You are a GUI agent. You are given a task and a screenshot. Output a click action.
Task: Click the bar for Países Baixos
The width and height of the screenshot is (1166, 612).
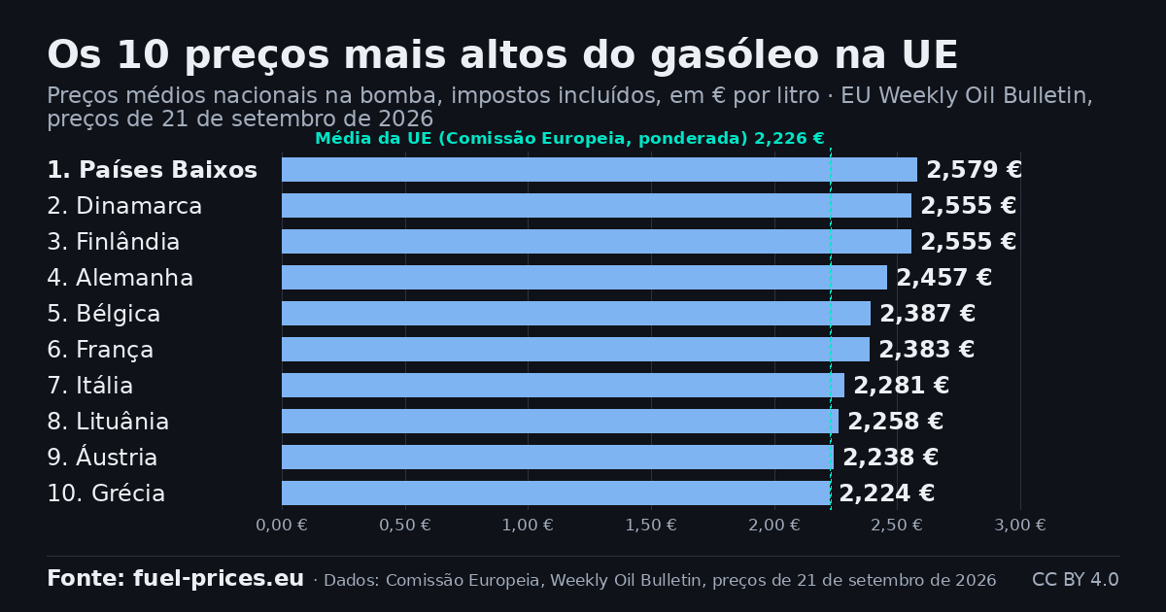[600, 170]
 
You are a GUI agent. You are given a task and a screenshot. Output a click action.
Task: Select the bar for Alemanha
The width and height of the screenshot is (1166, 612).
[584, 278]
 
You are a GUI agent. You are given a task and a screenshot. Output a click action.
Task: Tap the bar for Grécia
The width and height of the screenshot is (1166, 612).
[556, 493]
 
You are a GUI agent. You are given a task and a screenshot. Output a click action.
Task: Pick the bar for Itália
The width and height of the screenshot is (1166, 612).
[563, 385]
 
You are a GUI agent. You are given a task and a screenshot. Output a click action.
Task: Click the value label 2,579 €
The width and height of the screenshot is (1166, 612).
[974, 170]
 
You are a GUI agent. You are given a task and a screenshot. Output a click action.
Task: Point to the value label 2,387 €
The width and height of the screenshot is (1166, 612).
[927, 313]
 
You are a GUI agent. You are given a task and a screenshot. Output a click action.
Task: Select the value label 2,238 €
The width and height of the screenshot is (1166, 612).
[890, 457]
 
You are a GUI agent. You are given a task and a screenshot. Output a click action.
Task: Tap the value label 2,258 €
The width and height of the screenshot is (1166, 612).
[895, 421]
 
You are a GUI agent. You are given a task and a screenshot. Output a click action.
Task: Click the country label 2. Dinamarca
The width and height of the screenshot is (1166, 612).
[124, 206]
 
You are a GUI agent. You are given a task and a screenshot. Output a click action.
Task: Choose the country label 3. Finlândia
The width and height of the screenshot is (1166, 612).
[114, 242]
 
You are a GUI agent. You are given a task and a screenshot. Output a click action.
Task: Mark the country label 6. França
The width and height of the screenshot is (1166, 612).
[100, 350]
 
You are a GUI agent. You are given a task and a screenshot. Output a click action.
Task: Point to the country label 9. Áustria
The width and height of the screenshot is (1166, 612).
[102, 456]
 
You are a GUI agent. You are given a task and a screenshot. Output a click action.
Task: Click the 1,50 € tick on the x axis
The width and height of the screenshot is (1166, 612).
[651, 526]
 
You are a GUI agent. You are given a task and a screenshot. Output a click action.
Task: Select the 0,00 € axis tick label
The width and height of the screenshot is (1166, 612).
[282, 526]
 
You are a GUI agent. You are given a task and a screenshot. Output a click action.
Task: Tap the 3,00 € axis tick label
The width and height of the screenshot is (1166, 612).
[1019, 526]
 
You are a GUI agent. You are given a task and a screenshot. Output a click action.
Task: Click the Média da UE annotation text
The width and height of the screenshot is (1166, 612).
[570, 138]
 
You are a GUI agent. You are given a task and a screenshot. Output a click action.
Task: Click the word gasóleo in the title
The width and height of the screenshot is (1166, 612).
[735, 55]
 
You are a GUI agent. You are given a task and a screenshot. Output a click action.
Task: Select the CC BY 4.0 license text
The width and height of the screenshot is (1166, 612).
[1076, 579]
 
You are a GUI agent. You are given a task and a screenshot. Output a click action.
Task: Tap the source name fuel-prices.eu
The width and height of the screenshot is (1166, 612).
[219, 579]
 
